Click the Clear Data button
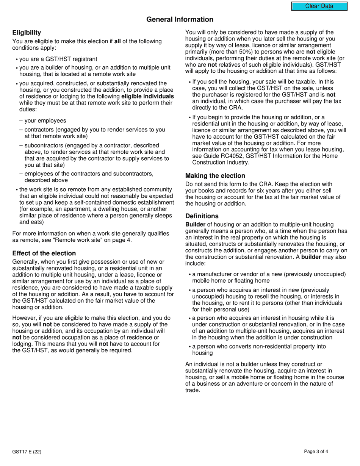tap(319, 6)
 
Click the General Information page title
tap(180, 20)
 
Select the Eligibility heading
tap(27, 33)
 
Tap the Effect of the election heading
tap(44, 253)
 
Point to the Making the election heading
tap(215, 176)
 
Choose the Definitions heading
tap(202, 216)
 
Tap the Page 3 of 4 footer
tap(316, 452)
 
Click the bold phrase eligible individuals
tap(147, 96)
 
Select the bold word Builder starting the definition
tap(195, 225)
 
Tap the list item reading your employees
tap(45, 121)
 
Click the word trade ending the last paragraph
tap(192, 390)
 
